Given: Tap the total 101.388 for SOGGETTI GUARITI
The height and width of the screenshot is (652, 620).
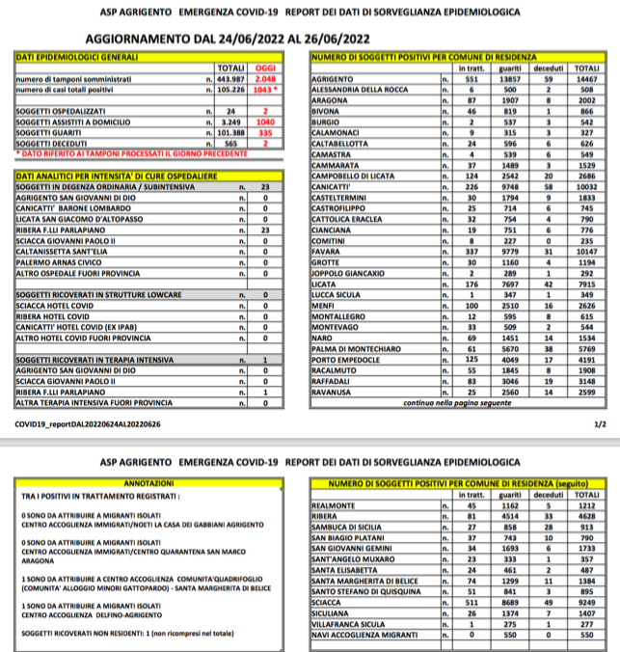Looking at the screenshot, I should [x=231, y=133].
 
